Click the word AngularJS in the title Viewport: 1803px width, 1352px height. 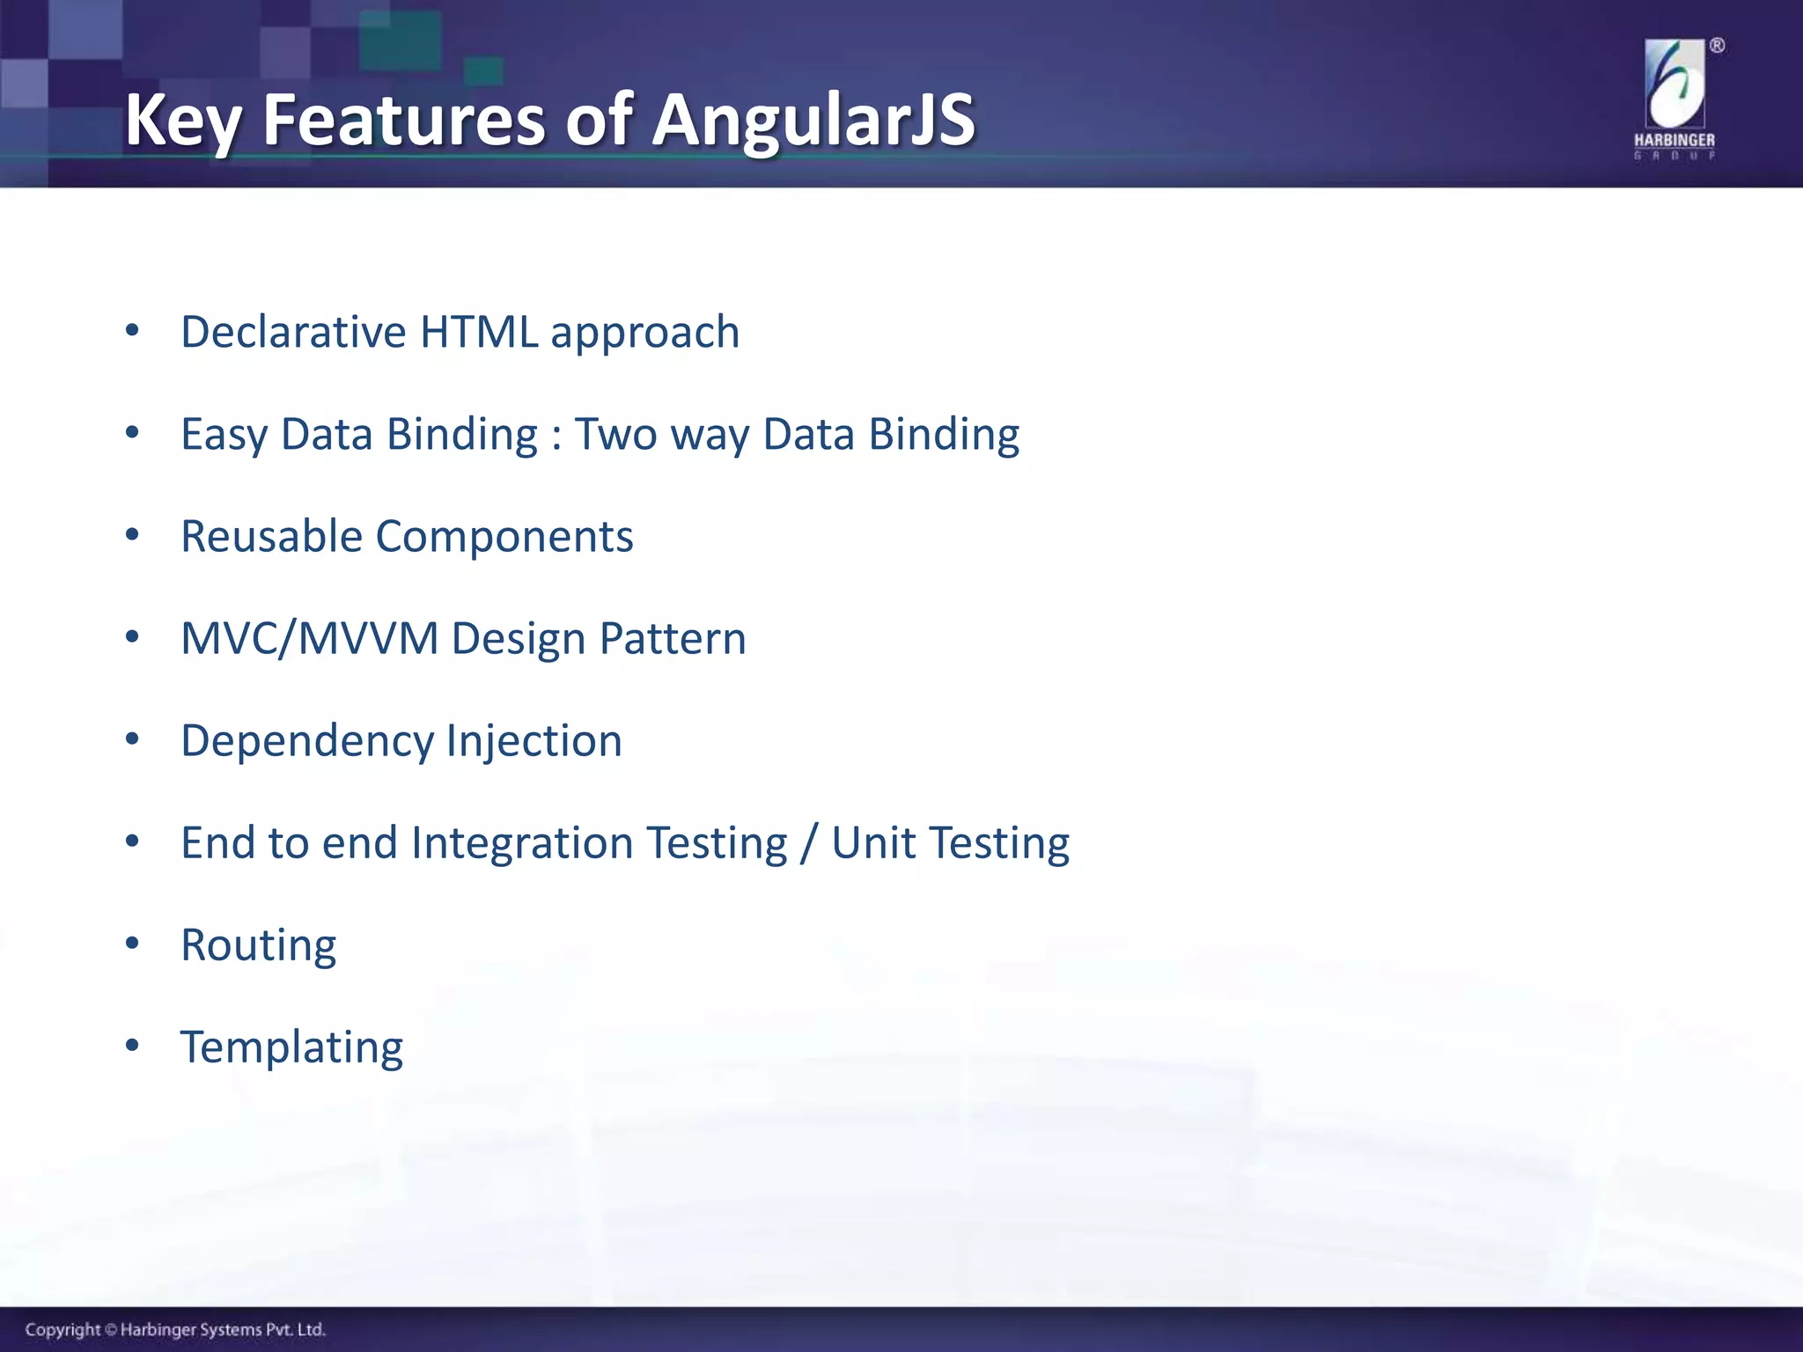pyautogui.click(x=813, y=121)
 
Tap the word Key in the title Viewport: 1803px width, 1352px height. pyautogui.click(x=181, y=121)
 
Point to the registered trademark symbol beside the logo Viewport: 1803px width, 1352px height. pyautogui.click(x=1717, y=46)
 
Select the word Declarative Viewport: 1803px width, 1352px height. pyautogui.click(x=293, y=332)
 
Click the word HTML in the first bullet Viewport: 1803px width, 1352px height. pyautogui.click(x=479, y=332)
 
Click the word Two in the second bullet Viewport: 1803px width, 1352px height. pyautogui.click(x=615, y=434)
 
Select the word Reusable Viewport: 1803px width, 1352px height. pyautogui.click(x=271, y=536)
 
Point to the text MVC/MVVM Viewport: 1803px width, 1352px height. pyautogui.click(x=309, y=638)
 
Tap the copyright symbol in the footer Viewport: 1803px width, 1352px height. pyautogui.click(x=111, y=1330)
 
